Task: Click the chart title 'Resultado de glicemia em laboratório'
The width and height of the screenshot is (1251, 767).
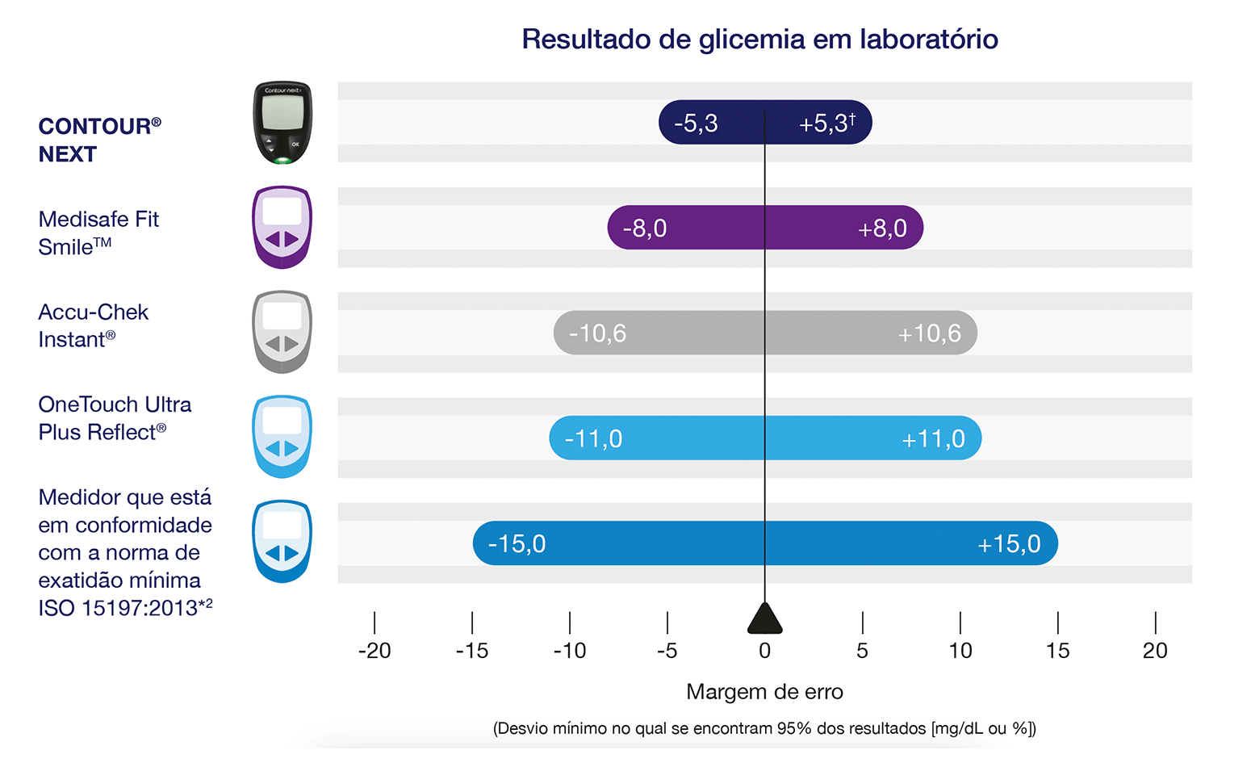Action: tap(759, 39)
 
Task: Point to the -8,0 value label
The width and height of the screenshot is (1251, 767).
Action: tap(645, 228)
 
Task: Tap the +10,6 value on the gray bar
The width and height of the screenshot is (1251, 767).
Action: tap(929, 333)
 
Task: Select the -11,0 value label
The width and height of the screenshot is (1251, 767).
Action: tap(594, 439)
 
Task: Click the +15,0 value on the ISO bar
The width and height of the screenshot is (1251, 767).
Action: tap(1009, 544)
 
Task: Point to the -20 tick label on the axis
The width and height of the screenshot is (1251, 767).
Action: tap(374, 651)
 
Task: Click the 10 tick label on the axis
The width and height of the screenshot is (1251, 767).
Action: tap(960, 651)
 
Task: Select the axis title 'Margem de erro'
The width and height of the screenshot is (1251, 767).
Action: tap(764, 692)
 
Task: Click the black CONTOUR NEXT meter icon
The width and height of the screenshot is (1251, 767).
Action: tap(282, 123)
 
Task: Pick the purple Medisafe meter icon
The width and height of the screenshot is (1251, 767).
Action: tap(282, 228)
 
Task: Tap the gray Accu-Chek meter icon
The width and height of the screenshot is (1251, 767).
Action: tap(282, 332)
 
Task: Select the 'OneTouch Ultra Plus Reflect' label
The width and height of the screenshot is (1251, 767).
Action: tap(115, 418)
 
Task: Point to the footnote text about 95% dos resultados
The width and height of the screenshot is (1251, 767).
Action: tap(764, 728)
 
